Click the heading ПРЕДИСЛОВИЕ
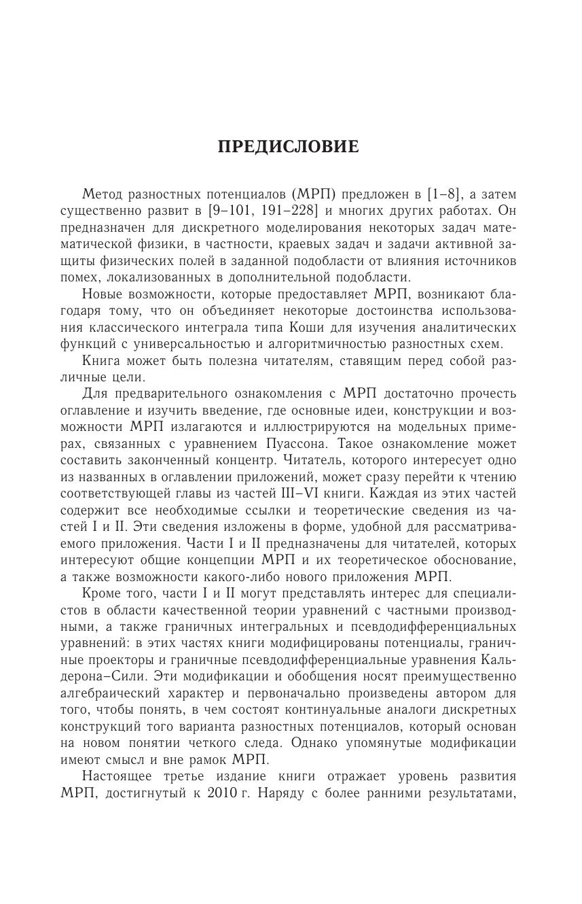[x=288, y=147]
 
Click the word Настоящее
[x=119, y=776]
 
